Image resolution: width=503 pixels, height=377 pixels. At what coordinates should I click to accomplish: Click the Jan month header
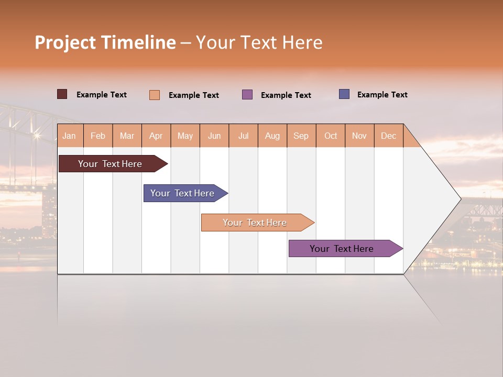coord(69,136)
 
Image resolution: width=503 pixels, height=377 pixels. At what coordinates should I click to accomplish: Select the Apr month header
coord(156,136)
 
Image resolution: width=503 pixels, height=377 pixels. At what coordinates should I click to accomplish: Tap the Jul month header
coord(243,136)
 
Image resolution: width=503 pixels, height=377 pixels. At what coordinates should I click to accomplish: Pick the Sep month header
coord(301,136)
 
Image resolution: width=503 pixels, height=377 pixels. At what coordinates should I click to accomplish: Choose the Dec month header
coord(388,136)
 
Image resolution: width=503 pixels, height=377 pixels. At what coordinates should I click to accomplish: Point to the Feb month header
coord(98,136)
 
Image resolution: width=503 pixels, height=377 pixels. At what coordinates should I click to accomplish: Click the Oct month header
coord(331,136)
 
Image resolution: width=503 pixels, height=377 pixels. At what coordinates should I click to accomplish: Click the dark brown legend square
coord(62,94)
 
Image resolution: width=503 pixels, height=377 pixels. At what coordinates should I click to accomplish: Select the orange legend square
coord(154,95)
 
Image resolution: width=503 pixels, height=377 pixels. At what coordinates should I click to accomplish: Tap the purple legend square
coord(247,95)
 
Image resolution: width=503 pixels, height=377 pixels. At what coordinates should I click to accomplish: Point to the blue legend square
coord(344,94)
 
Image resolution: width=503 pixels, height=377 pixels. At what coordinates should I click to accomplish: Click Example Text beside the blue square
coord(382,95)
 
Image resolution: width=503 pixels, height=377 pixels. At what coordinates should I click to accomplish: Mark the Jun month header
coord(214,136)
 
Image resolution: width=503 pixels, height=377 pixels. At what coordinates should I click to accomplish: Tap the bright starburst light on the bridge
coord(37,136)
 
